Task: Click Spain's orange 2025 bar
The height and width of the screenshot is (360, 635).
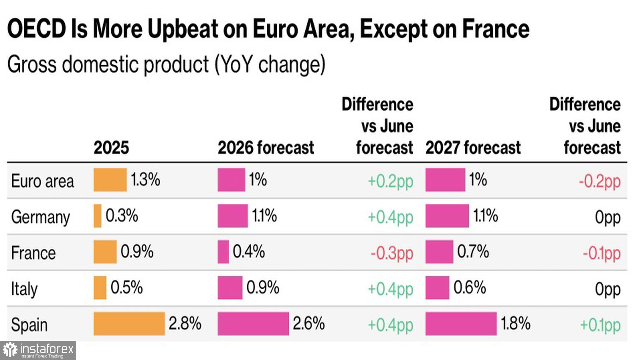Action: tap(129, 324)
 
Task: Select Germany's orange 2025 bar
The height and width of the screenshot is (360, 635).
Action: tap(97, 216)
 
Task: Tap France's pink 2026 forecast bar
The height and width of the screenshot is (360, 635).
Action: tap(223, 252)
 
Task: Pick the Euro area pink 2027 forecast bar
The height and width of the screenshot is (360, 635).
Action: tap(445, 180)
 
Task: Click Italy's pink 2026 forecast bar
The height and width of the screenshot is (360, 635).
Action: tap(230, 288)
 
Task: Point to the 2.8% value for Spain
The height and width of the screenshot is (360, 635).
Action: tap(185, 324)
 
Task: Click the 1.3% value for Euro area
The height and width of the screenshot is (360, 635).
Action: tap(146, 180)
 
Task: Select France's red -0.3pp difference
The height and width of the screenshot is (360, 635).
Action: tap(392, 253)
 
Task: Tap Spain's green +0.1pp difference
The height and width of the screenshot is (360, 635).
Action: tap(600, 325)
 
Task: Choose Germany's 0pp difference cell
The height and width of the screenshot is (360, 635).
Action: tap(608, 218)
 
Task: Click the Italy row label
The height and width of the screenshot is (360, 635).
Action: tap(25, 289)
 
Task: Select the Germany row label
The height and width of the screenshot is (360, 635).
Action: tap(41, 218)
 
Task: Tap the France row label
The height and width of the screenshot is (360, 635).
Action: tap(33, 253)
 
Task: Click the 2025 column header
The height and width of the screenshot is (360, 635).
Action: tap(111, 148)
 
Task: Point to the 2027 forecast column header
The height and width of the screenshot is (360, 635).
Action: tap(473, 148)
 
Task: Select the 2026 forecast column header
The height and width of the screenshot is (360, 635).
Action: tap(266, 148)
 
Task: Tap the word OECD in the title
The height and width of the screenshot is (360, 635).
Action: tap(36, 29)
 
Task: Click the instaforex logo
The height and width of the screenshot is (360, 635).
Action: tap(38, 350)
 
